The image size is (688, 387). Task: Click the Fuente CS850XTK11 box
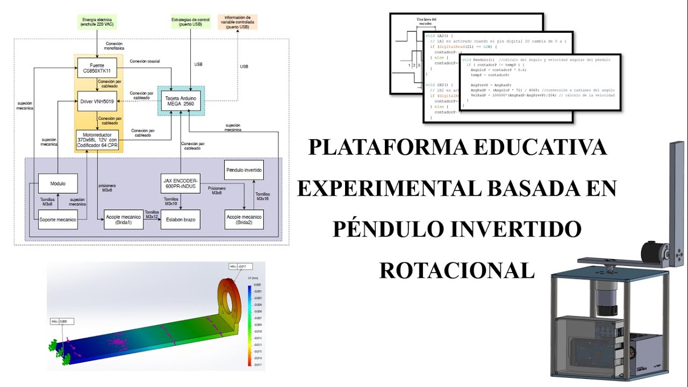pos(97,68)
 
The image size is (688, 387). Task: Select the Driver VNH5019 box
pos(97,101)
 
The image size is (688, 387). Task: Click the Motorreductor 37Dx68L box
pos(97,140)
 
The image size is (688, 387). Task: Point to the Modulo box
pos(58,183)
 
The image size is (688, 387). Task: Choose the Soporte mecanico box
pos(58,219)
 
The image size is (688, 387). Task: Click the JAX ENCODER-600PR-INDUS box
pos(181,183)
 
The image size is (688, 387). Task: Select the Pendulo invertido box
pos(244,170)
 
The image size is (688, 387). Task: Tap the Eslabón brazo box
pos(181,219)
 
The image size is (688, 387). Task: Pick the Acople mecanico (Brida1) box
pos(124,219)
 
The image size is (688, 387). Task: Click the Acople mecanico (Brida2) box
pos(244,219)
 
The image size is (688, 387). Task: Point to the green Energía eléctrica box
pos(97,22)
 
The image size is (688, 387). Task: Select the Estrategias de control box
pos(187,22)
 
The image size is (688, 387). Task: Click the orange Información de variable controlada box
pos(238,22)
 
